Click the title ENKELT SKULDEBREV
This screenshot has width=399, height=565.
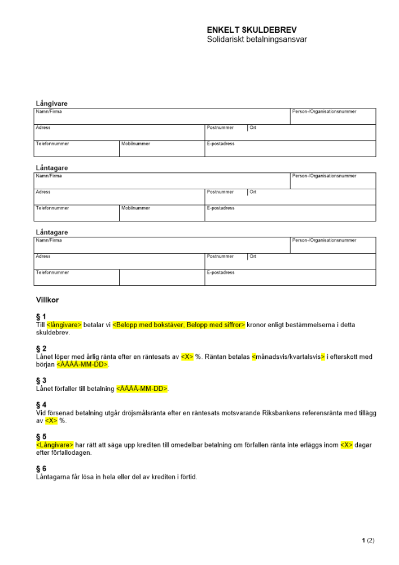click(x=252, y=30)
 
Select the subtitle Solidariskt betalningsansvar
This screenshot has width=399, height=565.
click(x=257, y=40)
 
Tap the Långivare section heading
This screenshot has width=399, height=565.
click(x=52, y=104)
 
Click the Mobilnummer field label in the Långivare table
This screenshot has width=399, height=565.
click(x=136, y=144)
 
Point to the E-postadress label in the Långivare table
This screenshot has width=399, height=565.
click(x=221, y=144)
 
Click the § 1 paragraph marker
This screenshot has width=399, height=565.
click(x=41, y=317)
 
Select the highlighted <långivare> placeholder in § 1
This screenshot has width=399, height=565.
click(x=64, y=325)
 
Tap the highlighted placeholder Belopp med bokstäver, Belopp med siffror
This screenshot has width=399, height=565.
click(x=179, y=325)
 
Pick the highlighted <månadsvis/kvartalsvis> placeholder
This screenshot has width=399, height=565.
click(x=288, y=357)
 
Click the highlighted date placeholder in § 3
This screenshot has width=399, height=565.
click(x=142, y=389)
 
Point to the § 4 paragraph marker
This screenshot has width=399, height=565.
click(x=41, y=405)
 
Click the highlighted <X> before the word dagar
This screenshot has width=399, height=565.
click(x=347, y=445)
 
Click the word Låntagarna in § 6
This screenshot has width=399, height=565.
click(x=52, y=477)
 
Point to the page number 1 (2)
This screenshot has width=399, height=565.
click(x=368, y=541)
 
